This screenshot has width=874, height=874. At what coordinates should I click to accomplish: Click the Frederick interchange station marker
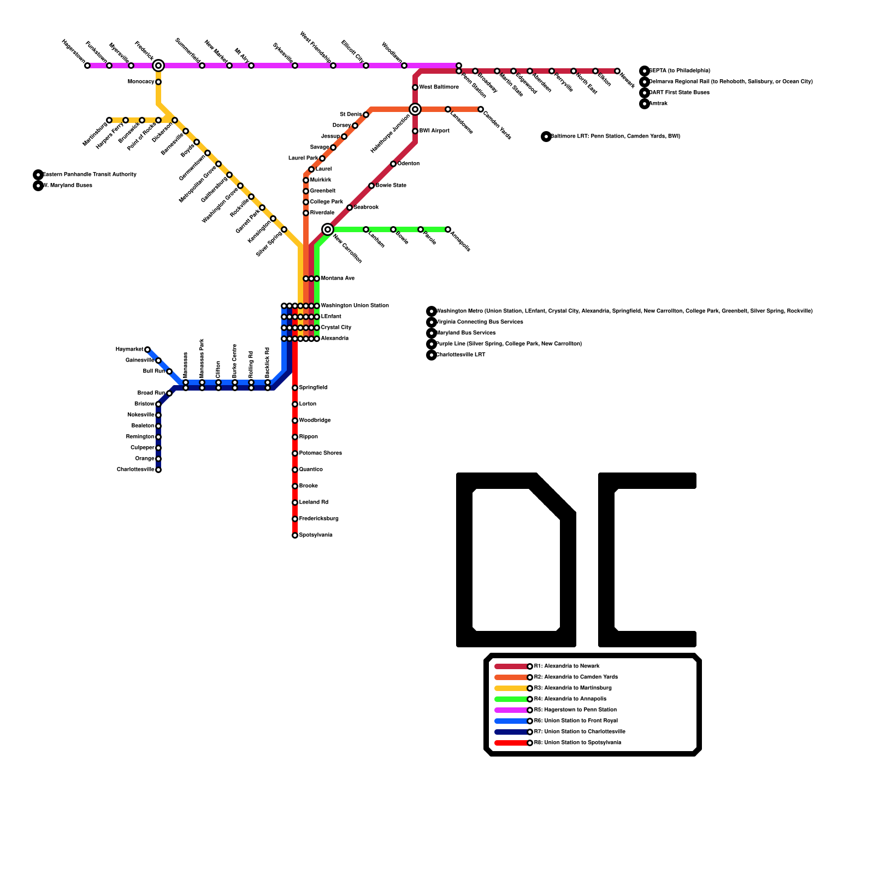tap(158, 66)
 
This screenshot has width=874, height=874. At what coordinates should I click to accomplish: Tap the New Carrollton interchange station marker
tap(328, 229)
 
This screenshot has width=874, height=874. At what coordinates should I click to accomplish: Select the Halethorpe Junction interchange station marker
tap(415, 109)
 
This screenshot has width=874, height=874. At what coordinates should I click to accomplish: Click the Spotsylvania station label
tap(316, 535)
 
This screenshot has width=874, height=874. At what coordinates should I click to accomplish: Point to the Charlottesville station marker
tap(158, 470)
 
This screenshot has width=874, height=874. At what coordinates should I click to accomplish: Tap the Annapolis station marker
tap(448, 229)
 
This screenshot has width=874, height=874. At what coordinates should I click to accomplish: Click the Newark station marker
tap(617, 71)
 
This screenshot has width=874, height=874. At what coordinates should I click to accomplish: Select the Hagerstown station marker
tap(87, 66)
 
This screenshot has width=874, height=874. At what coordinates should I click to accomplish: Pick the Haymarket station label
tap(129, 350)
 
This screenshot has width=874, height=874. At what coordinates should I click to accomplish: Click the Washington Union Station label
tap(355, 306)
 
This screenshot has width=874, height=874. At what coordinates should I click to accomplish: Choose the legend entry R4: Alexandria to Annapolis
tap(570, 699)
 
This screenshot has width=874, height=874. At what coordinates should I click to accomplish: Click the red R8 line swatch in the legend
tap(511, 743)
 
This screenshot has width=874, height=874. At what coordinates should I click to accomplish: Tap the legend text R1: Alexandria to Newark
tap(566, 666)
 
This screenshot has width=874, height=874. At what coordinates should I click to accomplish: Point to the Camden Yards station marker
tap(481, 109)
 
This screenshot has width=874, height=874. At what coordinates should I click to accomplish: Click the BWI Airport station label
tap(434, 131)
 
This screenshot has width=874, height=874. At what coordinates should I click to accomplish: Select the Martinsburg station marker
tap(109, 120)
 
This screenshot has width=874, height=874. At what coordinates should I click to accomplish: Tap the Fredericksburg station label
tap(318, 519)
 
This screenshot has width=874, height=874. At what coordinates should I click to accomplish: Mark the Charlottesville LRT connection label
tap(460, 355)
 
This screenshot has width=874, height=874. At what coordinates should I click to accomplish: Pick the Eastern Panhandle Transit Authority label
tap(90, 175)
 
